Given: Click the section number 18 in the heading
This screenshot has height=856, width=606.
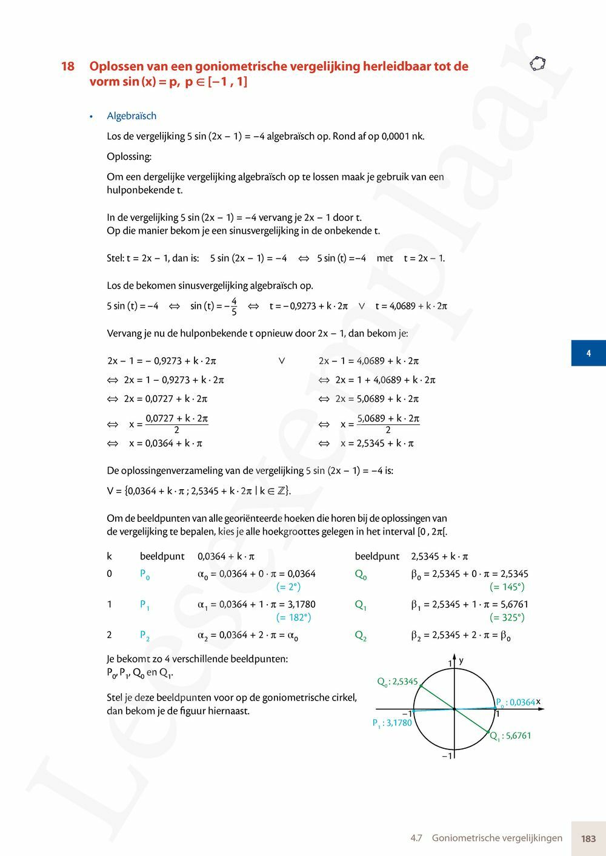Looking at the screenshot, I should pos(68,67).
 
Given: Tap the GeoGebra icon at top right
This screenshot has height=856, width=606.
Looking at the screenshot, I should pos(538,64).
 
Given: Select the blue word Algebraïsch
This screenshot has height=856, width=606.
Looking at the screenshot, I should pos(132,116).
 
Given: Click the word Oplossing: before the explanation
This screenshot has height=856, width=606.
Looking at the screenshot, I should pos(129,156).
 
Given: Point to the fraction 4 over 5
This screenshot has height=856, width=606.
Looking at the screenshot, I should pos(234,306).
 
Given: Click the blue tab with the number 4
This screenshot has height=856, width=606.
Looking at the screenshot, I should pos(588,353).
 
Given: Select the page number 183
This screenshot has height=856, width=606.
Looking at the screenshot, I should pos(588,838).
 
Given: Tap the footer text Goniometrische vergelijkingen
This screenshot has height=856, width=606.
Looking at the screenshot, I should pos(497,838).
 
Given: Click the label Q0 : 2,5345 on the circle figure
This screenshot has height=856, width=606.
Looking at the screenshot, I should pos(398,682).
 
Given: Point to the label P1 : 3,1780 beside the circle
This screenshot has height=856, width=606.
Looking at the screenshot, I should pos(392,723).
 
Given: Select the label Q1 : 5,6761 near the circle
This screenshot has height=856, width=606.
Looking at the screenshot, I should pos(510,736).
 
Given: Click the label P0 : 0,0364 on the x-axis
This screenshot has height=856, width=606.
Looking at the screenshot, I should pos(516,703).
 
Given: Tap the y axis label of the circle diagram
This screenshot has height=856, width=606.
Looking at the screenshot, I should pos(461,660).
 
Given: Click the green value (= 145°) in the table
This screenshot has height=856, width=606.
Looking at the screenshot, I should pos(507,587).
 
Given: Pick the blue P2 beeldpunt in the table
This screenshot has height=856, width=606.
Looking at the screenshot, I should pos(145,635).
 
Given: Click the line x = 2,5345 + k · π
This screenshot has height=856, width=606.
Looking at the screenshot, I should pos(377,443).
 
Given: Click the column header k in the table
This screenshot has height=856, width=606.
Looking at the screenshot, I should pos(109,556).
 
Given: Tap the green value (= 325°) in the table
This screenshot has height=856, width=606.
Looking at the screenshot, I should pos(507,617).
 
